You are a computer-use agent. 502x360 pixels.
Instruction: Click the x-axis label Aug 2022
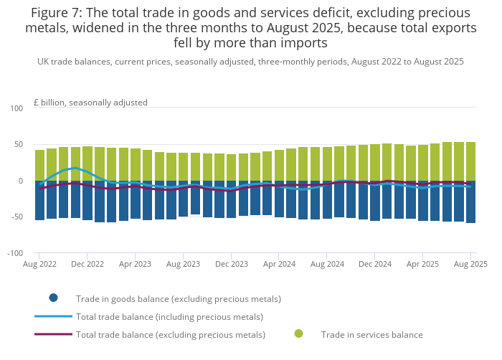[x=40, y=264]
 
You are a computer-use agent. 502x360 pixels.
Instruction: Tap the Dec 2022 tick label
[x=87, y=264]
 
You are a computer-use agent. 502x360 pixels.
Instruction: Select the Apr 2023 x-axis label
[x=136, y=264]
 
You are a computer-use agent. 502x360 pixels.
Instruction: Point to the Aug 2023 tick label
[x=184, y=264]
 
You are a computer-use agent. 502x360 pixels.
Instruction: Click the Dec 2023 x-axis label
[x=231, y=264]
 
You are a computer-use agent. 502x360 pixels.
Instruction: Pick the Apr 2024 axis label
[x=280, y=264]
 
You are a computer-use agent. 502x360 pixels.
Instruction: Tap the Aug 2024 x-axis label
[x=327, y=264]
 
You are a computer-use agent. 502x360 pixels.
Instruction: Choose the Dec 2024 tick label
[x=375, y=264]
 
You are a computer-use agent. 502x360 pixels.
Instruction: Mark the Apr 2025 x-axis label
[x=423, y=264]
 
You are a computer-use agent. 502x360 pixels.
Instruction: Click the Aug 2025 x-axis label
[x=470, y=264]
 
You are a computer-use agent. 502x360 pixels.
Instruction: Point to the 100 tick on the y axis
[x=16, y=108]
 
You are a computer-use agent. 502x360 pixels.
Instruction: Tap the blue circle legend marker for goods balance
[x=53, y=298]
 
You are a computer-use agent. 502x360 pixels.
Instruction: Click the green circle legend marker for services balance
[x=298, y=334]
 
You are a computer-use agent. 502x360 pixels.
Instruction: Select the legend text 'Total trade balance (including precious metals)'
[x=169, y=316]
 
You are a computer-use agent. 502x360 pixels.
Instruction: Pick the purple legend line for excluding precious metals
[x=53, y=334]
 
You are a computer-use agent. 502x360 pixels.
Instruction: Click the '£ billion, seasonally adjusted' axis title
[x=90, y=103]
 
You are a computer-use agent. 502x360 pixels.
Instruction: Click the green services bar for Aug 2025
[x=471, y=161]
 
